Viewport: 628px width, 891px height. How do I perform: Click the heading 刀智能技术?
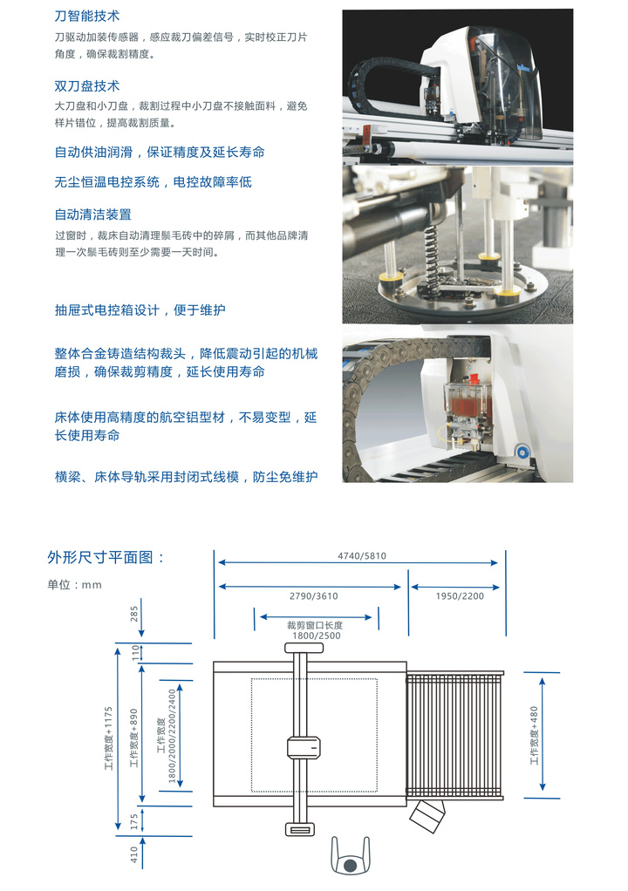[x=87, y=16]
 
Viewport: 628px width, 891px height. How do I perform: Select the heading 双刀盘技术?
[x=87, y=85]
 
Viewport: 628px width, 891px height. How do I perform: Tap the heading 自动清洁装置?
[x=93, y=214]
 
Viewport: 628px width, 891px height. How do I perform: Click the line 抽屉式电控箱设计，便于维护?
[x=140, y=309]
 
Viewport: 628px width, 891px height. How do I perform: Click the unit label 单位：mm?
[x=74, y=585]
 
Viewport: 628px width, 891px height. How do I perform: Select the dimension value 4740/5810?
[x=362, y=555]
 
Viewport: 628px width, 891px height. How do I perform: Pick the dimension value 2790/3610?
[x=314, y=596]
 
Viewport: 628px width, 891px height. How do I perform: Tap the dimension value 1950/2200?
[x=460, y=596]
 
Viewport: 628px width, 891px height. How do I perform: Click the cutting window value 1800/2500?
[x=316, y=636]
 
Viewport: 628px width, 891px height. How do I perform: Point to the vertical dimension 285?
[x=134, y=613]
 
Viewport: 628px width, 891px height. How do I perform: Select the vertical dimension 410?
[x=134, y=854]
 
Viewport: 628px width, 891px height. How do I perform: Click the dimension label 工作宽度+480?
[x=534, y=735]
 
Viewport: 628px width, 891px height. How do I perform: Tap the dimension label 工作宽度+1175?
[x=108, y=738]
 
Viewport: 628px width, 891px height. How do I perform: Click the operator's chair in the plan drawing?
[x=350, y=856]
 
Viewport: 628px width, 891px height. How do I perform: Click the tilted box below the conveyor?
[x=427, y=816]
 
